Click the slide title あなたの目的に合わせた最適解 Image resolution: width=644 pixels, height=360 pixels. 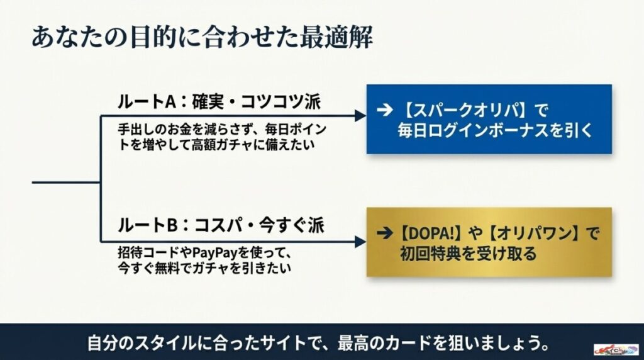click(202, 37)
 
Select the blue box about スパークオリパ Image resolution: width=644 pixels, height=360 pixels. click(489, 120)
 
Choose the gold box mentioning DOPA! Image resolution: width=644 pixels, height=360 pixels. click(489, 242)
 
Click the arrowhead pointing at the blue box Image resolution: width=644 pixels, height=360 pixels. click(360, 116)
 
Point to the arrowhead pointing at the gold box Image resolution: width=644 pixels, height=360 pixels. click(360, 242)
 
